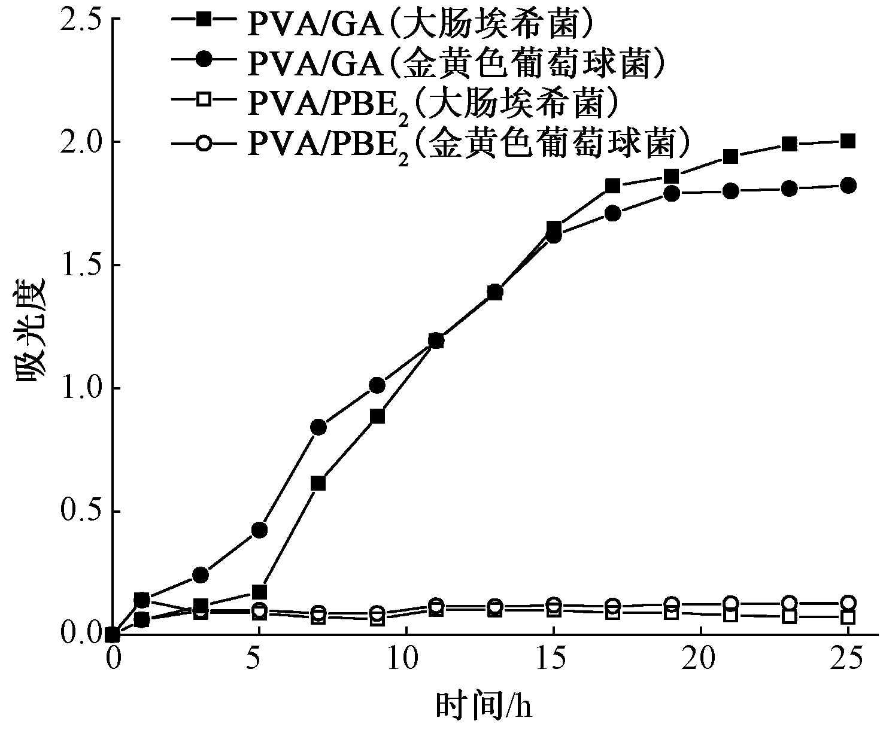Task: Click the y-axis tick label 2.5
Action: click(x=80, y=18)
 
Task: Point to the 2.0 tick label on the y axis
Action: click(x=80, y=142)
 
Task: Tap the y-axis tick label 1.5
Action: click(x=80, y=265)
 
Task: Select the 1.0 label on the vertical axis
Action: click(x=80, y=388)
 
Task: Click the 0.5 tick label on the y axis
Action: click(x=80, y=512)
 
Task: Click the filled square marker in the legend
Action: click(x=204, y=19)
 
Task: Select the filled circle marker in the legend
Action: click(x=204, y=59)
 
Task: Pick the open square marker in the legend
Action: click(x=204, y=99)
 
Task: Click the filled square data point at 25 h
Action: click(x=848, y=142)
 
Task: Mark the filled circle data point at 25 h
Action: click(x=848, y=185)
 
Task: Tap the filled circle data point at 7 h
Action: click(x=318, y=428)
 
